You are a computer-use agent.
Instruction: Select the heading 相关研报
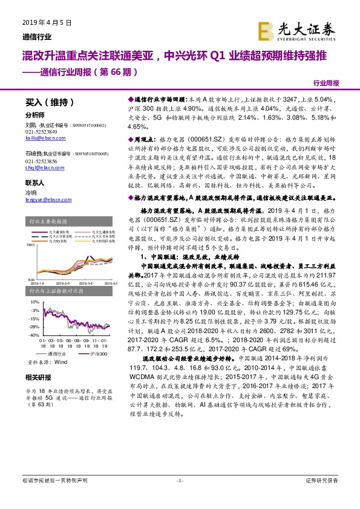(36, 378)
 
